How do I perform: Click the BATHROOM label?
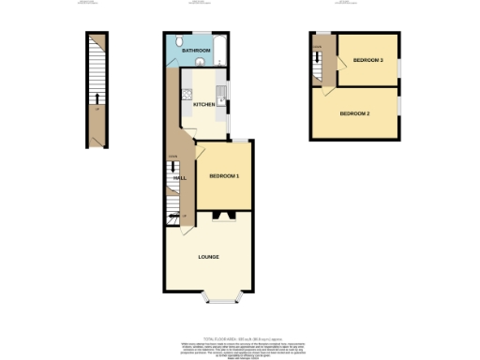pyautogui.click(x=195, y=51)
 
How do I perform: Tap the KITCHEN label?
pyautogui.click(x=203, y=104)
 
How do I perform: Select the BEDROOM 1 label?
pyautogui.click(x=224, y=176)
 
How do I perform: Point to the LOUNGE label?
pyautogui.click(x=209, y=257)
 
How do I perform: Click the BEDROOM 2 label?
pyautogui.click(x=355, y=113)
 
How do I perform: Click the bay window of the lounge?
pyautogui.click(x=222, y=300)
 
